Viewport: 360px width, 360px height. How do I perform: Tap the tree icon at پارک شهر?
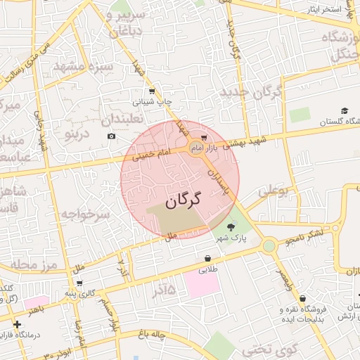231,226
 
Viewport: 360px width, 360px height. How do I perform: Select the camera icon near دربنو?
111,136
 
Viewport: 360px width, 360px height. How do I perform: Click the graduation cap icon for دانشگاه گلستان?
345,110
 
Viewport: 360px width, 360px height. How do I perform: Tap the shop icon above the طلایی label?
208,258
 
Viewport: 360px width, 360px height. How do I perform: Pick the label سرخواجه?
85,213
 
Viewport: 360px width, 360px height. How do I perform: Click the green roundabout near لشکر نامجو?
269,245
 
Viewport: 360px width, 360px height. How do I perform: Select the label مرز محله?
32,264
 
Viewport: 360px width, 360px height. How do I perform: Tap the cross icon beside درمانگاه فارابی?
17,324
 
